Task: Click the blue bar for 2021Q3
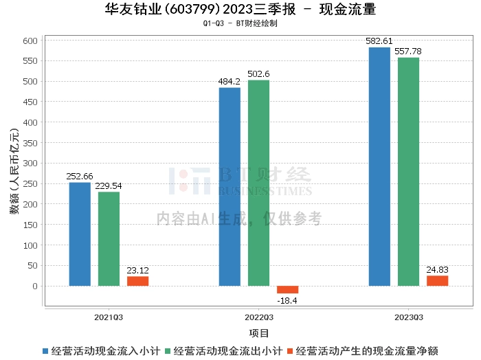click(x=80, y=234)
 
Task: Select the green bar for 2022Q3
click(x=258, y=183)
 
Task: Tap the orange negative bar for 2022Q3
click(x=287, y=290)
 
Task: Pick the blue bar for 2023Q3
click(x=379, y=167)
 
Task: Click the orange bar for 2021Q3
click(x=137, y=281)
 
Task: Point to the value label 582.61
click(x=379, y=41)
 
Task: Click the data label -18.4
click(x=287, y=301)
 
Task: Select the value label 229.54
click(x=109, y=185)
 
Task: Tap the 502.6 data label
click(x=258, y=74)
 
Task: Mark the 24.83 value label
click(x=438, y=270)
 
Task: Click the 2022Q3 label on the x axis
click(x=259, y=317)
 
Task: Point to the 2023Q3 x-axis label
click(x=409, y=317)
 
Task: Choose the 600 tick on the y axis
click(x=30, y=41)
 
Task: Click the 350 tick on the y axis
click(x=30, y=143)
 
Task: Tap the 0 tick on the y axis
click(x=35, y=286)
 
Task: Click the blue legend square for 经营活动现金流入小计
click(x=45, y=351)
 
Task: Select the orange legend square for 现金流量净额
click(x=290, y=351)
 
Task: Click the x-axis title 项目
click(x=259, y=333)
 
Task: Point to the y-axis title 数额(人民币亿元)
click(x=14, y=171)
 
